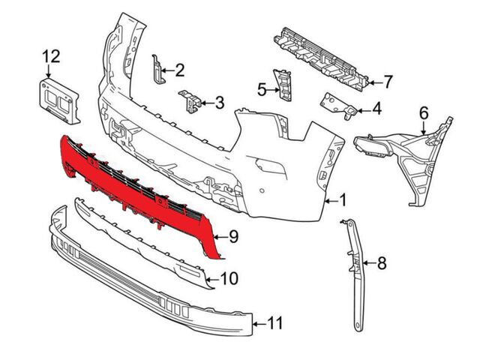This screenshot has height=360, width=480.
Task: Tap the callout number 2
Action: click(179, 71)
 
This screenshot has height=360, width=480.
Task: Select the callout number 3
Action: click(219, 102)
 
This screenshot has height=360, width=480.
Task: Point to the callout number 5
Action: click(262, 90)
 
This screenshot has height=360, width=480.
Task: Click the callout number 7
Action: click(388, 80)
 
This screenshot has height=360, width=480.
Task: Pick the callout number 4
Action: click(376, 110)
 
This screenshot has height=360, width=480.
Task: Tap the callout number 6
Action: click(423, 112)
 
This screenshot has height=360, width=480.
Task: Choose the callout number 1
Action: click(343, 200)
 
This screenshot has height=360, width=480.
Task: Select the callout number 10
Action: click(229, 279)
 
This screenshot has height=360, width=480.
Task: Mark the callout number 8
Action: click(381, 262)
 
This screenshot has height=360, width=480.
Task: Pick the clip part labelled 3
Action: click(190, 101)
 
